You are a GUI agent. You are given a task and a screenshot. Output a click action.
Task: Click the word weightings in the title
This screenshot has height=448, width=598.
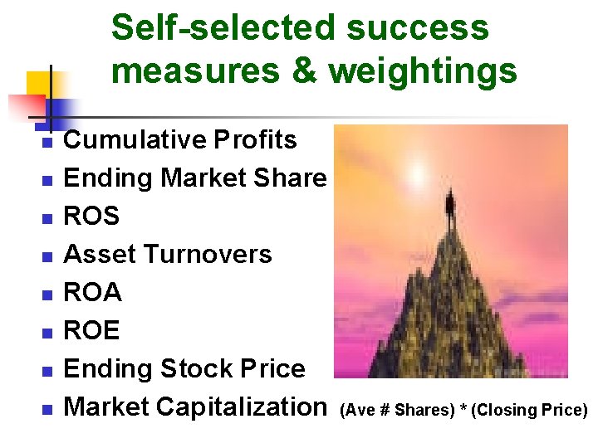point(424,71)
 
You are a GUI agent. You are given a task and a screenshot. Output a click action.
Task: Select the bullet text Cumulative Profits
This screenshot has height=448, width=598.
point(180,140)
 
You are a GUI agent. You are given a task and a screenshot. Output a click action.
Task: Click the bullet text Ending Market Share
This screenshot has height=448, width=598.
point(195,178)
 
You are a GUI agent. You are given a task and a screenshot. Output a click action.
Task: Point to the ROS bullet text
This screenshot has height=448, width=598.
point(91,217)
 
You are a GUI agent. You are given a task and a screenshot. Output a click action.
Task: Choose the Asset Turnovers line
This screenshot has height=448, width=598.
point(168,254)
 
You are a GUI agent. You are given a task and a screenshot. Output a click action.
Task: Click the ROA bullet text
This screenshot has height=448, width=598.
point(92,292)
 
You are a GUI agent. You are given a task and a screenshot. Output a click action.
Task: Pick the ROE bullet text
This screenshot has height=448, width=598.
point(91,330)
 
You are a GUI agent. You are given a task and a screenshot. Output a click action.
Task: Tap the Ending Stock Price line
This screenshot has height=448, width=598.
point(184,368)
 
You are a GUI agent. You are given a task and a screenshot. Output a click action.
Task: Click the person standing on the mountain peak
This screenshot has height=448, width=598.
point(449,202)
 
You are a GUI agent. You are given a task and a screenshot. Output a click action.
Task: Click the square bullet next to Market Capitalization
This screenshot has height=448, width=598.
point(47,409)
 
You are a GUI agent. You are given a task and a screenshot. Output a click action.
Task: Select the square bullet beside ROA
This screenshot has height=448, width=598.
point(47,295)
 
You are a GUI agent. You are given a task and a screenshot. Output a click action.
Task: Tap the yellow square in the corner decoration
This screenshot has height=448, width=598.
point(38,84)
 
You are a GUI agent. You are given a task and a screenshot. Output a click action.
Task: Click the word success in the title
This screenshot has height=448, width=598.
point(419,27)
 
